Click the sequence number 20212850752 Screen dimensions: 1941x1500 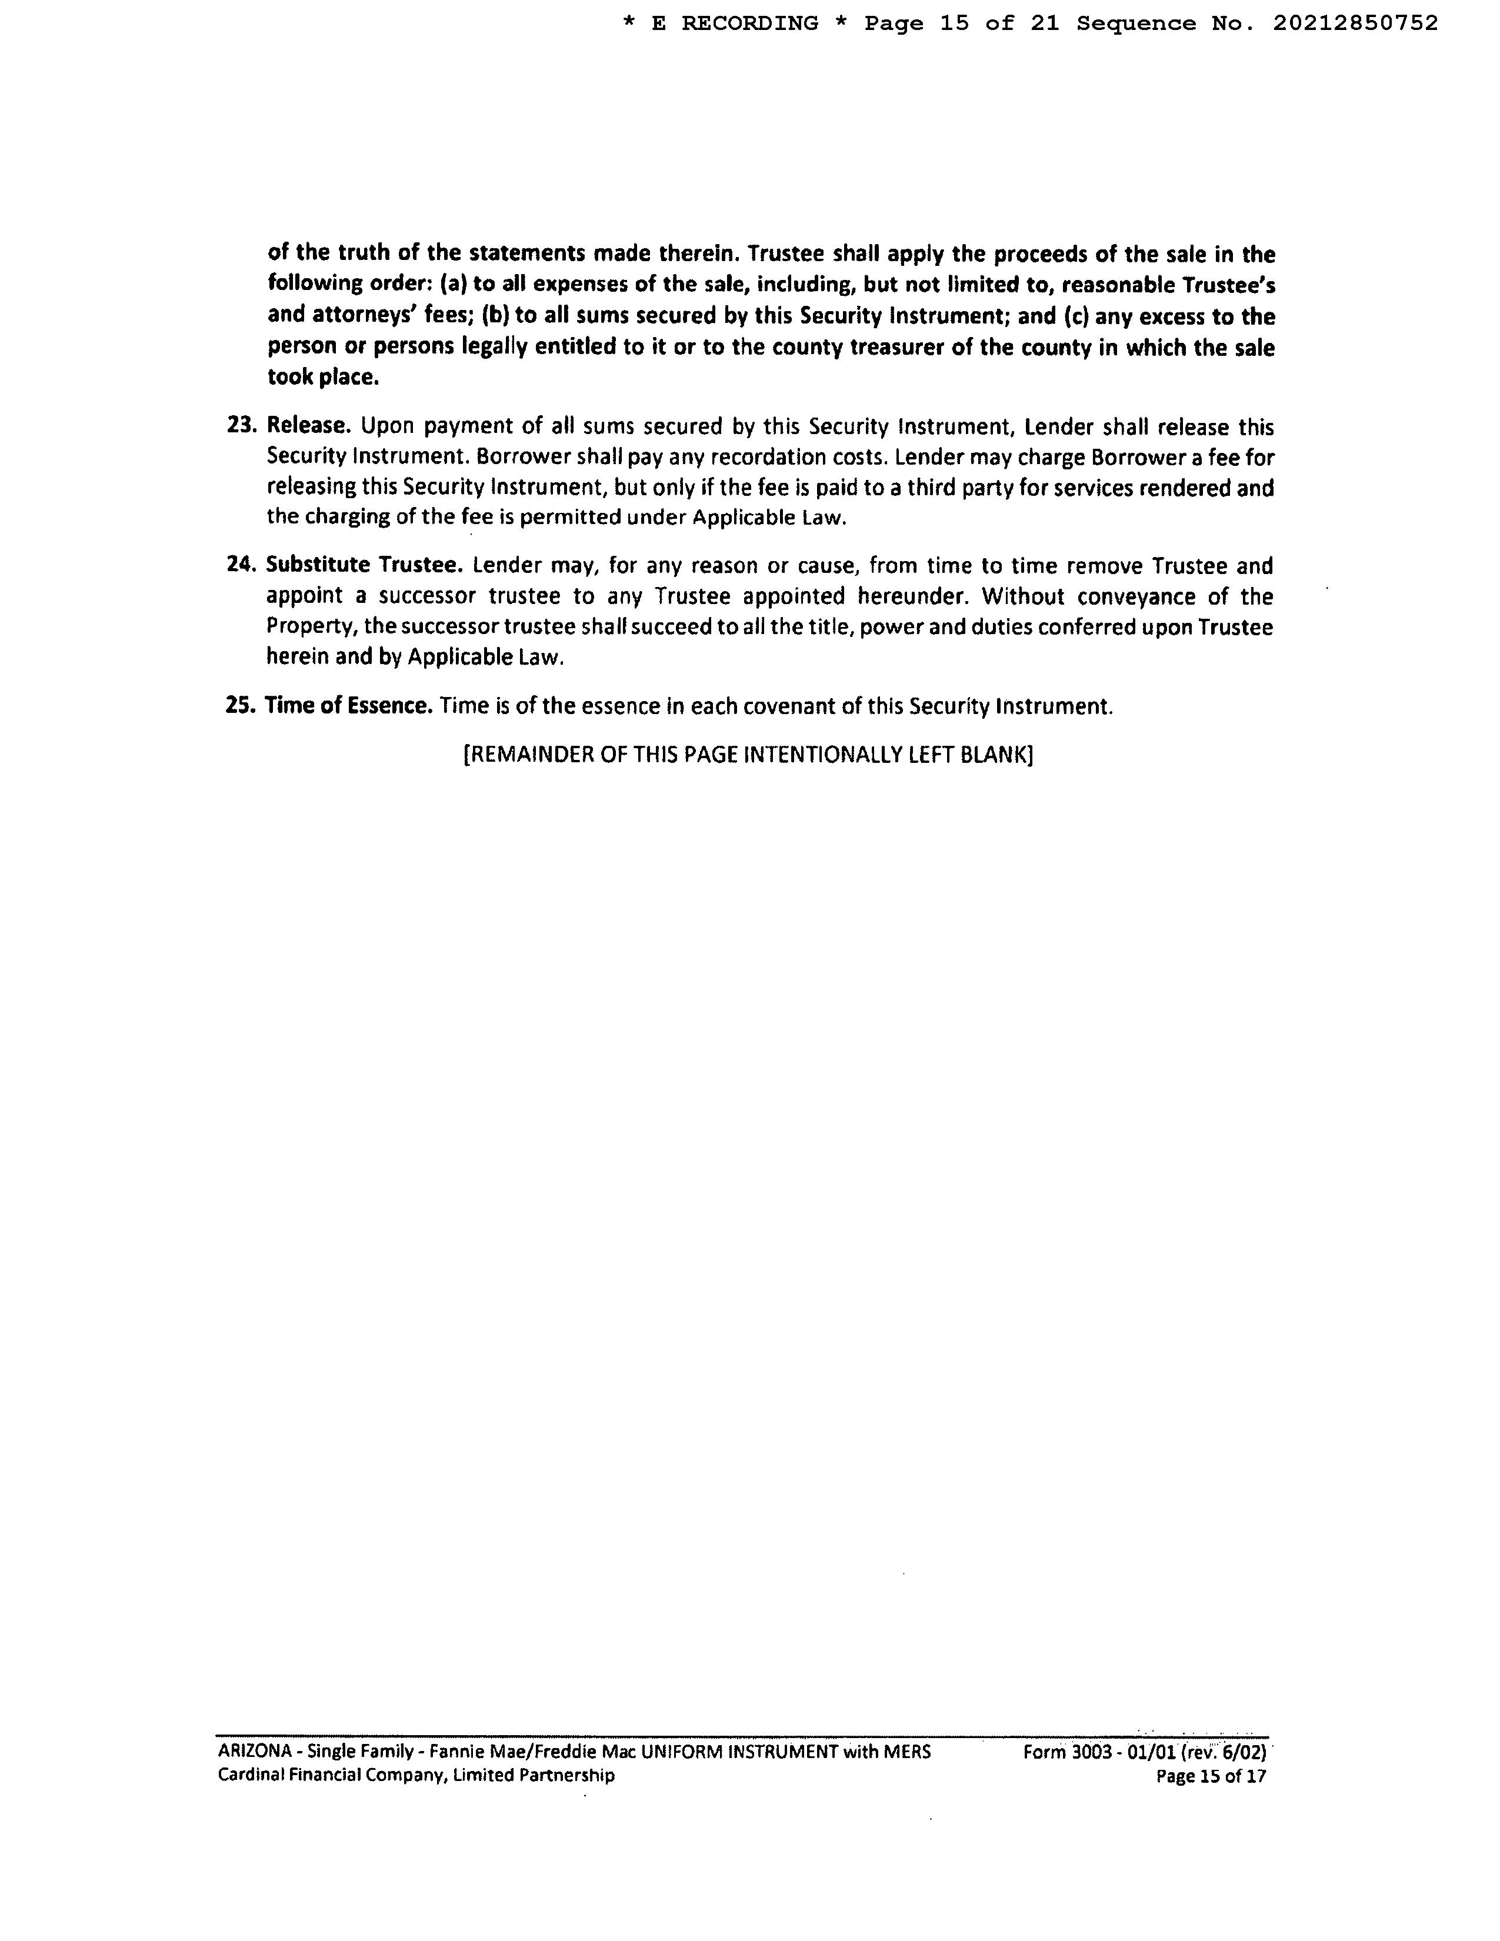click(1355, 24)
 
